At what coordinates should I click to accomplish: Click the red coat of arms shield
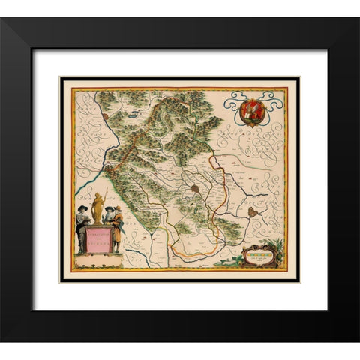click(252, 109)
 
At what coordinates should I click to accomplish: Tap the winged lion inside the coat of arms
click(252, 107)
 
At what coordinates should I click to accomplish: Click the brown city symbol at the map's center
click(195, 189)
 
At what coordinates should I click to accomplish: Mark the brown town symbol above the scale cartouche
click(252, 213)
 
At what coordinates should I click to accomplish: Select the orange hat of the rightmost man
click(118, 208)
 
